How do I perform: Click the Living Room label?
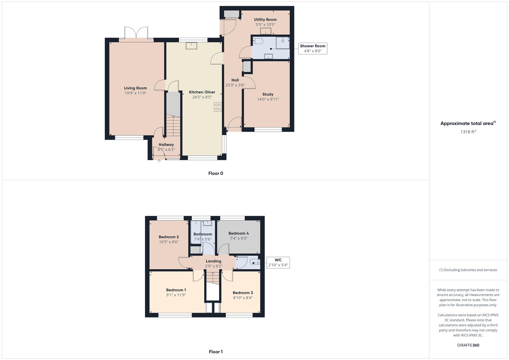(x=135, y=88)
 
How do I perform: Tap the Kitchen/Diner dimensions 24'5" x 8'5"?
(x=202, y=97)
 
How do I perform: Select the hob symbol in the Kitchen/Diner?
(x=218, y=107)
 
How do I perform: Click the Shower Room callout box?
(x=312, y=48)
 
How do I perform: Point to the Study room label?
(x=268, y=94)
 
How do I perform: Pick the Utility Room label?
(x=265, y=20)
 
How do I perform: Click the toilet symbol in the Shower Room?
(x=258, y=41)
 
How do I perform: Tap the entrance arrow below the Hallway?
(x=159, y=162)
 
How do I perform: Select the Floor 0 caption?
(x=216, y=173)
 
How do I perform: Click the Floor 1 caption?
(x=216, y=352)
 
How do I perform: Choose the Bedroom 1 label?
(x=176, y=290)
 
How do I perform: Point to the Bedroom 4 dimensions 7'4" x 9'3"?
(x=238, y=238)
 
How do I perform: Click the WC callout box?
(x=278, y=263)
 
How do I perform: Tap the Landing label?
(x=213, y=261)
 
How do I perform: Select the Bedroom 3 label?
(x=243, y=293)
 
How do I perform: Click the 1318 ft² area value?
(x=468, y=132)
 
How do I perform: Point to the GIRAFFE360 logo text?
(x=468, y=345)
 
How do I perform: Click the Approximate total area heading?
(x=468, y=123)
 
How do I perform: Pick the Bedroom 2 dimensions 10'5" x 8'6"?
(x=169, y=242)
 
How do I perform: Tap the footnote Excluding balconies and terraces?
(x=468, y=270)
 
